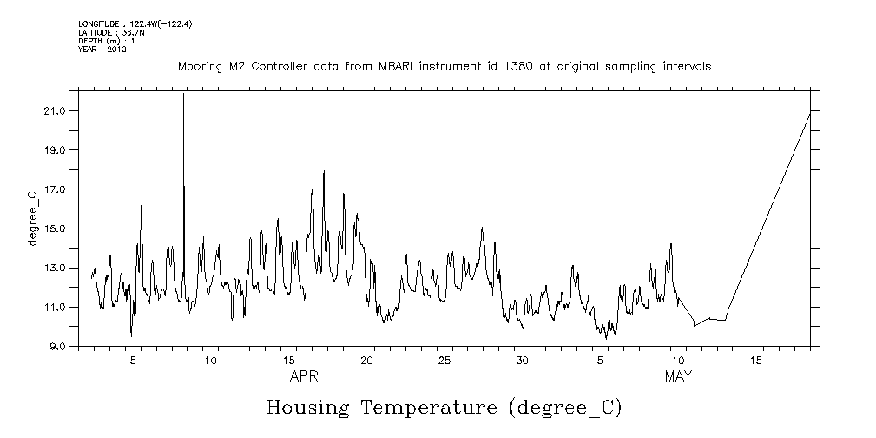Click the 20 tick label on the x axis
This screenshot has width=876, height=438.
[367, 360]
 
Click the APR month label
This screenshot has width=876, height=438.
[304, 377]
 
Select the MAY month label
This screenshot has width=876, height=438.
[678, 377]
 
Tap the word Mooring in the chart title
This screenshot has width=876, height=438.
[201, 67]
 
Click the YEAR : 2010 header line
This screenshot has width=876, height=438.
[102, 50]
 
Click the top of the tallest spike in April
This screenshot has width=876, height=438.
[183, 94]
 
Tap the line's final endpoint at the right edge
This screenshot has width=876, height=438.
[810, 113]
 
